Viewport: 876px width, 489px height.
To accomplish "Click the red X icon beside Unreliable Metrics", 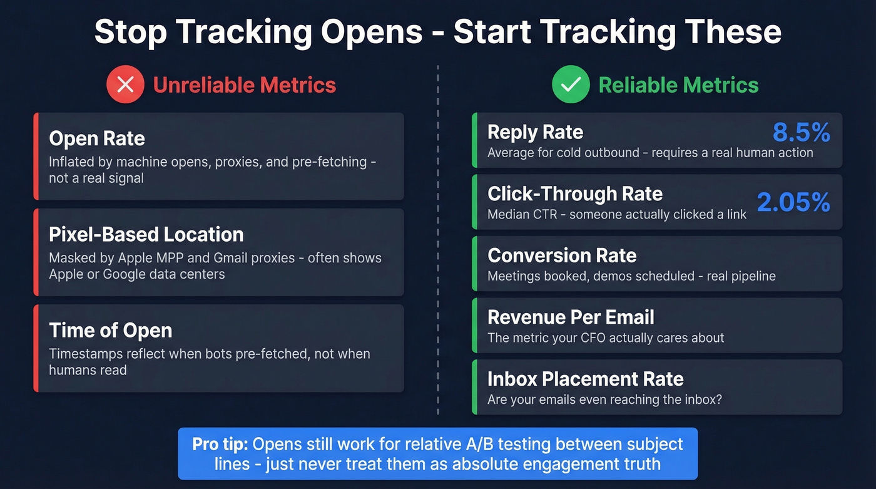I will pos(126,85).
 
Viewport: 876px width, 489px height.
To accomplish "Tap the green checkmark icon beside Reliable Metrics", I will pos(571,85).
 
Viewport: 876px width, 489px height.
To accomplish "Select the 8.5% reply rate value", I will pos(801,133).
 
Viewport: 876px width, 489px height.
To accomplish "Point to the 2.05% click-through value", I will pos(793,202).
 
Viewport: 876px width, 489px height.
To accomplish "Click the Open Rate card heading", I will pos(97,138).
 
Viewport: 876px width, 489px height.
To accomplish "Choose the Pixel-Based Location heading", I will pos(146,234).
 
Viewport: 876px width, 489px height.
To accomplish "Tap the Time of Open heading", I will pos(110,330).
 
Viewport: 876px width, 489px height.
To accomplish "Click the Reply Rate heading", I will pos(535,132).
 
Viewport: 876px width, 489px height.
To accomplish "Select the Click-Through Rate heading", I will pos(575,193).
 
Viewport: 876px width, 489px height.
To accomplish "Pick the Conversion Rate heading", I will pos(562,255).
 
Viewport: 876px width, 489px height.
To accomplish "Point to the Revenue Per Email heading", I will pos(571,317).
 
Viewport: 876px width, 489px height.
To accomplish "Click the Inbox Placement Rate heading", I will pos(585,378).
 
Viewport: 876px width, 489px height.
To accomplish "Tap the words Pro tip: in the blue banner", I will pos(220,445).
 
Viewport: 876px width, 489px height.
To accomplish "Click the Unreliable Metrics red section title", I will pos(245,85).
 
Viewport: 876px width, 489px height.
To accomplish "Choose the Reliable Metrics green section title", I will pos(678,85).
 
